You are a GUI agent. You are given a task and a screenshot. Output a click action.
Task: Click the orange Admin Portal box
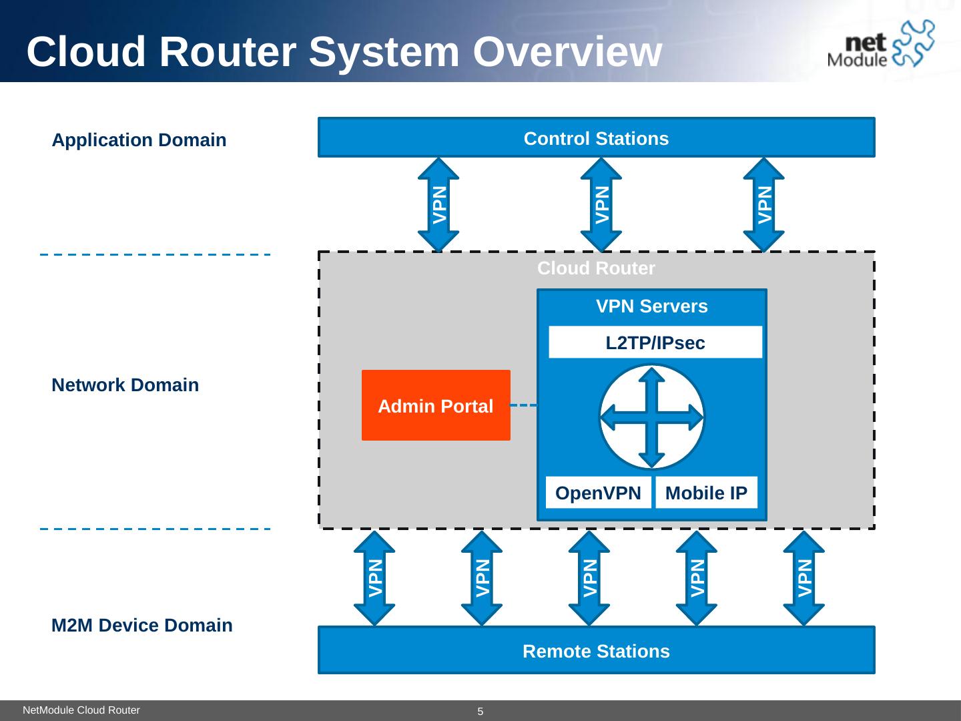[436, 405]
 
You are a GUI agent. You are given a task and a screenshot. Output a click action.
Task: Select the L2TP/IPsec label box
[655, 342]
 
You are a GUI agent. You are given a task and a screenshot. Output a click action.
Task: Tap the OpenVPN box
[598, 493]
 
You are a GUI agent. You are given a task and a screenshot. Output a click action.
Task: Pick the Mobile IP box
[706, 493]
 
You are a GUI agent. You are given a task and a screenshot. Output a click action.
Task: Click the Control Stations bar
[596, 138]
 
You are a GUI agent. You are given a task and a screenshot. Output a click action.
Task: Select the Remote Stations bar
[596, 650]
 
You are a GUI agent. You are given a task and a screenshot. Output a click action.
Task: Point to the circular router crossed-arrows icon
[651, 417]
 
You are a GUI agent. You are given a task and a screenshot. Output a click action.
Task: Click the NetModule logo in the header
[880, 45]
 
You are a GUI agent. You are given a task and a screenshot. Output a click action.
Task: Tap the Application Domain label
[139, 140]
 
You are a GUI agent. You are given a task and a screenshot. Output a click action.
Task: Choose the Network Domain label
[125, 385]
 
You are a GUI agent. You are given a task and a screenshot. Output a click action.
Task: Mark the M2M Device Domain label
[142, 626]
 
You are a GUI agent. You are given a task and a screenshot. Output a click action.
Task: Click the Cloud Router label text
[596, 268]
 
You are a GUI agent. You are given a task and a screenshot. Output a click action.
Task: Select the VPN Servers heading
[651, 306]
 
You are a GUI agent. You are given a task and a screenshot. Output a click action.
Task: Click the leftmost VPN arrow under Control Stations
[438, 204]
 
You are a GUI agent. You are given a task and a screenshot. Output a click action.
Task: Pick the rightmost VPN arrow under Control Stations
[764, 204]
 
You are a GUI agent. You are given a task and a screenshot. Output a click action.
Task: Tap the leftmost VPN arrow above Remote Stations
[374, 578]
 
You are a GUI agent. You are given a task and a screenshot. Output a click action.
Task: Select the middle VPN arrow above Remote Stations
[589, 578]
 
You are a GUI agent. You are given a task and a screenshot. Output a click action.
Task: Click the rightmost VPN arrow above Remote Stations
[804, 578]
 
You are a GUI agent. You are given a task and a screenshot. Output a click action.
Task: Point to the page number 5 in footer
[480, 712]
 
